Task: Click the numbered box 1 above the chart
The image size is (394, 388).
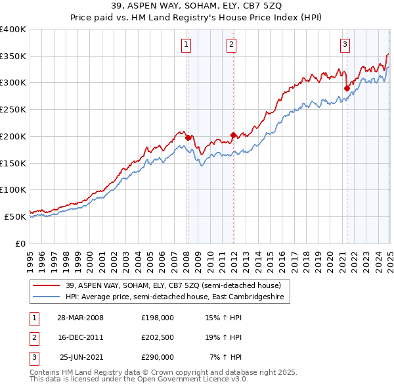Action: tap(187, 45)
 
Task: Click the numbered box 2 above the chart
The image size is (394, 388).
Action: tap(232, 45)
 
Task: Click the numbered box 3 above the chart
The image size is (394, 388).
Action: tap(345, 45)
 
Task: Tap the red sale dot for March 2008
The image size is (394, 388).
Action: tap(188, 137)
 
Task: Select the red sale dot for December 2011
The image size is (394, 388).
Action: tap(232, 135)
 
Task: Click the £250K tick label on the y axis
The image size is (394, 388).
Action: tap(13, 110)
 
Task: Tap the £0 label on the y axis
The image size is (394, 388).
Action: tap(20, 243)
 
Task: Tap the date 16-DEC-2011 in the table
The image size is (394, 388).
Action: tap(81, 337)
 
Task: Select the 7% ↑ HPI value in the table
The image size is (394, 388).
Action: tap(226, 357)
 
